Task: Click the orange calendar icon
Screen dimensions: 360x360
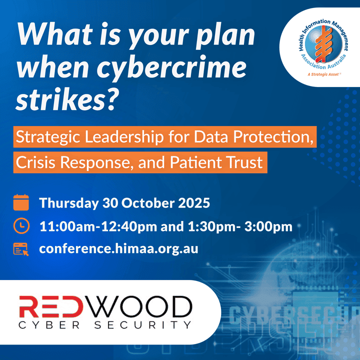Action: point(21,202)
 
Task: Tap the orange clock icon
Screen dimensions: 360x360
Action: point(21,225)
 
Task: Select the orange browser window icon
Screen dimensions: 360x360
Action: point(21,249)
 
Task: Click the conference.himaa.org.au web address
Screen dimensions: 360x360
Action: point(118,249)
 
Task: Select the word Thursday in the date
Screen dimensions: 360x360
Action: point(69,203)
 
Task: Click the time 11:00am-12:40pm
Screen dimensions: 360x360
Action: point(98,226)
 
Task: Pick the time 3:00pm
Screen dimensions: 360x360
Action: point(268,226)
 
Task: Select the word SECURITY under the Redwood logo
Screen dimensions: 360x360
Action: point(143,325)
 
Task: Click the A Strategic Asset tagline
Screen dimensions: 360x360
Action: point(324,74)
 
